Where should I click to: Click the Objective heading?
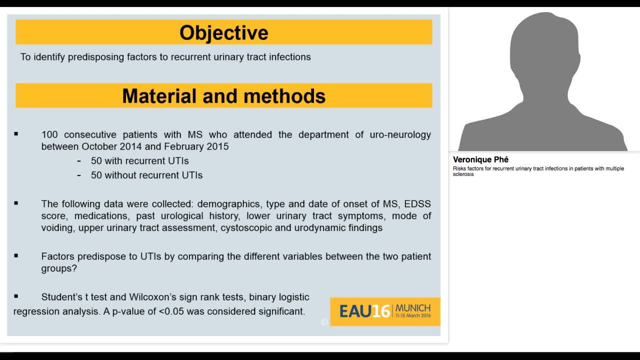223,32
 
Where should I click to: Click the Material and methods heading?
223,96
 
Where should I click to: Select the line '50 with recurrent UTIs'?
139,161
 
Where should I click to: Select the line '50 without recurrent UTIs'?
146,175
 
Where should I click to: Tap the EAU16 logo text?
364,311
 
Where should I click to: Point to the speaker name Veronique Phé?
480,159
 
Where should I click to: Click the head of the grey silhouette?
543,47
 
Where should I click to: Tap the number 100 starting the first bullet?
50,134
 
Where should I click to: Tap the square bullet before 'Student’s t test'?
16,296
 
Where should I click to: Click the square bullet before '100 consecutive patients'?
16,134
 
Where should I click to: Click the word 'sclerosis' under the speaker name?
463,174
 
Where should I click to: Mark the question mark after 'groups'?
74,268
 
